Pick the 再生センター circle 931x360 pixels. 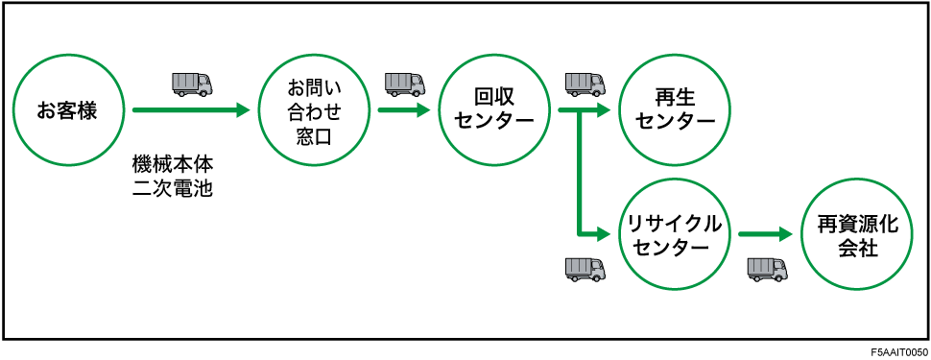(x=674, y=110)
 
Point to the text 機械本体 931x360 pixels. (x=172, y=166)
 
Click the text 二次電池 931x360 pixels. (x=172, y=189)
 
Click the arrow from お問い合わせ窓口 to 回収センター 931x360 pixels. (x=402, y=110)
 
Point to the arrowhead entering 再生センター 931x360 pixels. (x=604, y=110)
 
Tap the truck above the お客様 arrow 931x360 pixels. (x=192, y=84)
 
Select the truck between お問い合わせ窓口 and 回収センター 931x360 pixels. (x=404, y=84)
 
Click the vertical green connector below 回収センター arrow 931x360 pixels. (x=580, y=173)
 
